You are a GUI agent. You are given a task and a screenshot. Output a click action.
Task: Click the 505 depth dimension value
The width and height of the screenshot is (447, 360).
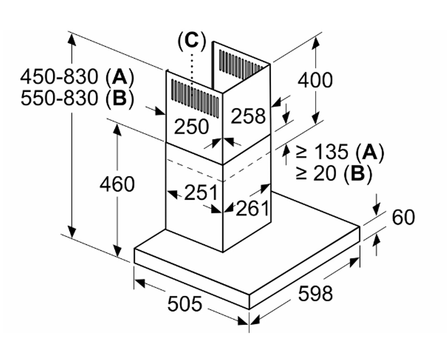click(x=185, y=304)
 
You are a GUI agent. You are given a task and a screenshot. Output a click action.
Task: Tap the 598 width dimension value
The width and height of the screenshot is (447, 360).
click(x=315, y=294)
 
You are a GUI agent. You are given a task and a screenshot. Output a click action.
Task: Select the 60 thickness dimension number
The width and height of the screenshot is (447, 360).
click(x=403, y=217)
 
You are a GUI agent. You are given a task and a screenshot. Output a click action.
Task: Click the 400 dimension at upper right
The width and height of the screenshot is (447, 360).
click(x=315, y=80)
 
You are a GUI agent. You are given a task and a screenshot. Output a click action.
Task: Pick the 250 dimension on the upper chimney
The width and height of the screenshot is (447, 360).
click(x=191, y=127)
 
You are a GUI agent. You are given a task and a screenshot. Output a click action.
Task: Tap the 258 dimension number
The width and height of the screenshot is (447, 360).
click(x=248, y=116)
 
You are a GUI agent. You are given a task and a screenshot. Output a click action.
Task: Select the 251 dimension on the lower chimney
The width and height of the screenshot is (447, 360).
click(x=200, y=193)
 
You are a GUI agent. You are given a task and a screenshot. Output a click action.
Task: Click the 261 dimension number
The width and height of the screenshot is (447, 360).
click(x=252, y=208)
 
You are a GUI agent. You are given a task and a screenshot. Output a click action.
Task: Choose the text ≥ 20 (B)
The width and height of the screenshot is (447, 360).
click(x=334, y=173)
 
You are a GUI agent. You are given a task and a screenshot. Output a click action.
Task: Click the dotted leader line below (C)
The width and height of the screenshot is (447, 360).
click(x=192, y=70)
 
